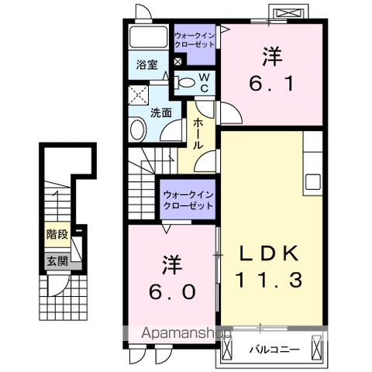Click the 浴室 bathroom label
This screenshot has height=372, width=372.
[x=147, y=65]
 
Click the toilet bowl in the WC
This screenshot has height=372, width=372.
[x=186, y=81]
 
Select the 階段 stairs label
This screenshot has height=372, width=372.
[x=55, y=233]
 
